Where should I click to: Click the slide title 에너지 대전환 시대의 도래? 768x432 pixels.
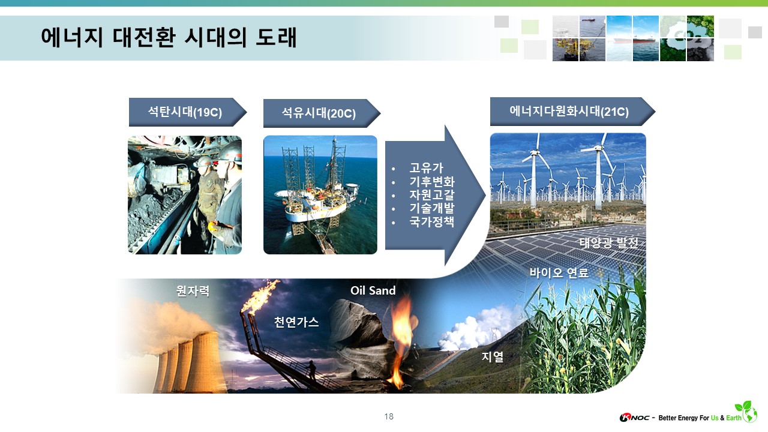(169, 37)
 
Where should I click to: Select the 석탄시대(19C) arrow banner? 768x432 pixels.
(188, 112)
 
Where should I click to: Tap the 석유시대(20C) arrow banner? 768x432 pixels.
(322, 113)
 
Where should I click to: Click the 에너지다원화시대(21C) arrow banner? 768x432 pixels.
(572, 112)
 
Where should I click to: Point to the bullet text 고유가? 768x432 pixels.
(426, 168)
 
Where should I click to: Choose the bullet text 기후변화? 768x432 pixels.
(431, 181)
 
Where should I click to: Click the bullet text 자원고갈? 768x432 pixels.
(431, 195)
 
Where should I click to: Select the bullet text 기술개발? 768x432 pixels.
(431, 208)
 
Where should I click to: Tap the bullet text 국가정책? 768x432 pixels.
(431, 221)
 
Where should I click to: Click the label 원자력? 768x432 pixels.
(193, 291)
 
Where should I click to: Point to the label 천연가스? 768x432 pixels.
(296, 322)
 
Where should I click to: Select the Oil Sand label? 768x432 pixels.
(373, 290)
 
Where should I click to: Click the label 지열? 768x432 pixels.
(493, 356)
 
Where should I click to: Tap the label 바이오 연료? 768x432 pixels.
(559, 273)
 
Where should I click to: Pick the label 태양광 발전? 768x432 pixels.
(609, 243)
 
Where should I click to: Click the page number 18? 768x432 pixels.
(389, 416)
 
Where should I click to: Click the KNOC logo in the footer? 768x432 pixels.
(634, 418)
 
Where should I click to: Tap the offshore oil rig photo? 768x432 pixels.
(320, 195)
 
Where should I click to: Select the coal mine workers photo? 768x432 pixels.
(185, 195)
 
